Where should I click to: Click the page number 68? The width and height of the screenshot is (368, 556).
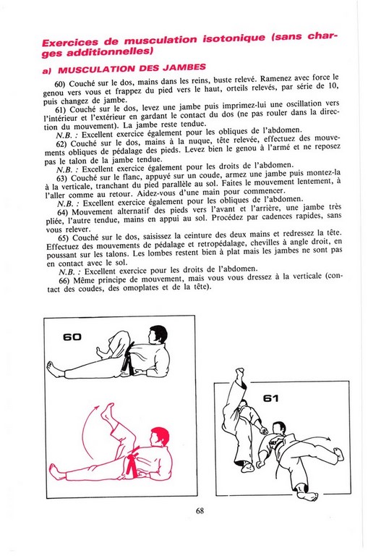[x=200, y=510]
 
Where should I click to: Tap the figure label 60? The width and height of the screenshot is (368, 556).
[x=72, y=337]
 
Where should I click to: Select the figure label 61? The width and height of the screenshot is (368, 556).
[x=270, y=399]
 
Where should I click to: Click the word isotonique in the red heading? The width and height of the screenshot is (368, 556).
[x=234, y=38]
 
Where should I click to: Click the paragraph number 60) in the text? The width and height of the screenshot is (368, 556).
[x=60, y=84]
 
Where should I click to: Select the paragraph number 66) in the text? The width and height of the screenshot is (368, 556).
[x=64, y=280]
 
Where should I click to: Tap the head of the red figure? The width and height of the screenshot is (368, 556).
[x=158, y=437]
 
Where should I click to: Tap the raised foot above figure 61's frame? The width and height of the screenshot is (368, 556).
[x=240, y=374]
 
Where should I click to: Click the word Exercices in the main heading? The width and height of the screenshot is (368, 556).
[x=69, y=42]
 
